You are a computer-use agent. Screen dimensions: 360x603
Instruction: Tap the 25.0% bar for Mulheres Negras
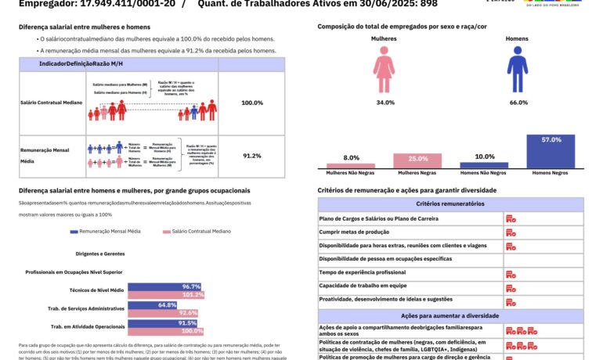click(x=418, y=161)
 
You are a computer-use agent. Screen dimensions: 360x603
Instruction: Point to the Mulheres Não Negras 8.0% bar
click(x=352, y=166)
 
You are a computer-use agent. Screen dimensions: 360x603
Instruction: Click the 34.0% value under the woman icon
click(x=385, y=103)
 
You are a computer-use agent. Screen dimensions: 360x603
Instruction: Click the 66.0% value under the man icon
click(x=518, y=103)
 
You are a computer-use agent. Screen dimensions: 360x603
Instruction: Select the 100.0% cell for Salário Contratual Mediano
click(x=252, y=103)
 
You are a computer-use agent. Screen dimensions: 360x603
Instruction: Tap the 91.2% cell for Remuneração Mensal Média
click(x=252, y=156)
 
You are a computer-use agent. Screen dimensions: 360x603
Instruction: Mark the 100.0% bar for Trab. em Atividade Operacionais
click(x=165, y=331)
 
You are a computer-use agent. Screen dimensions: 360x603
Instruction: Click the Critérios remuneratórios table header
click(x=450, y=204)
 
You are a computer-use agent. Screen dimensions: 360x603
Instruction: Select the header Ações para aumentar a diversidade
click(x=450, y=315)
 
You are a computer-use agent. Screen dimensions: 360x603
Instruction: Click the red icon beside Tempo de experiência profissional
click(x=511, y=272)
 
